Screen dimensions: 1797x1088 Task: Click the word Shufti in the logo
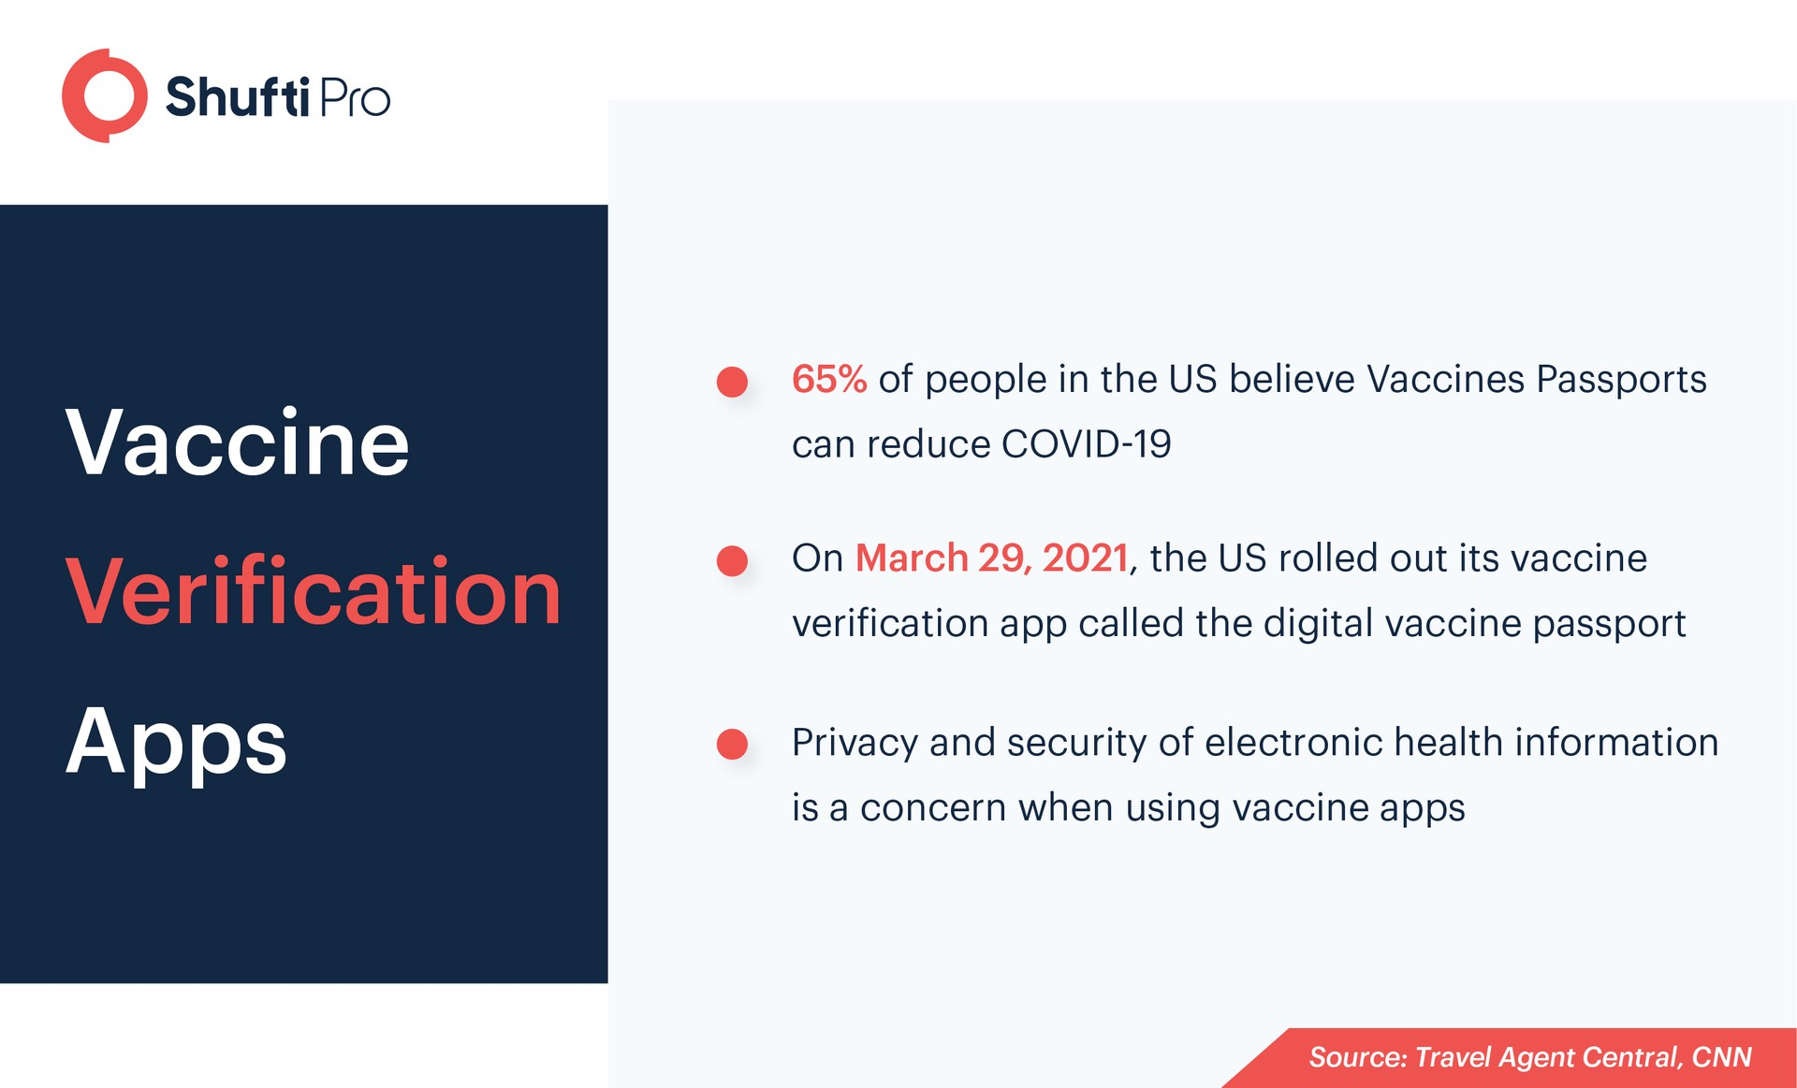pyautogui.click(x=238, y=97)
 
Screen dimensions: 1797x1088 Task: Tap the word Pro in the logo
pyautogui.click(x=355, y=98)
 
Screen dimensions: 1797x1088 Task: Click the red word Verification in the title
pyautogui.click(x=314, y=591)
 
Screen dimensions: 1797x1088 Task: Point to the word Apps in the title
pyautogui.click(x=176, y=744)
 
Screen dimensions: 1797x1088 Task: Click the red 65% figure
pyautogui.click(x=829, y=379)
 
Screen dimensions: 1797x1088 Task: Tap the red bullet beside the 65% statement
pyautogui.click(x=732, y=381)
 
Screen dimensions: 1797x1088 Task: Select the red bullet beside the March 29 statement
pyautogui.click(x=732, y=560)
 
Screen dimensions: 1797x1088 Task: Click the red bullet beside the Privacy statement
pyautogui.click(x=732, y=745)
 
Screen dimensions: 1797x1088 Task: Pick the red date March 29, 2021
pyautogui.click(x=992, y=559)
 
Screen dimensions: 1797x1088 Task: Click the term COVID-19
pyautogui.click(x=1087, y=444)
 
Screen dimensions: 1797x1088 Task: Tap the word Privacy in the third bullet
pyautogui.click(x=855, y=744)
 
